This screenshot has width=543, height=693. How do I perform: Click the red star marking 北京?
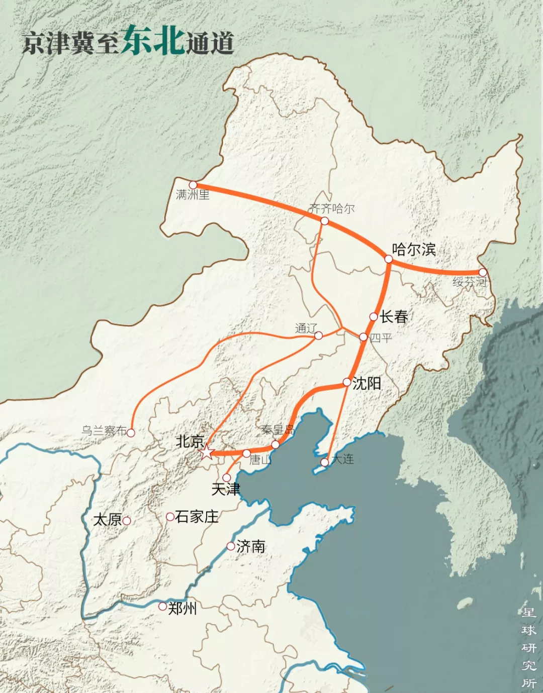[x=206, y=452]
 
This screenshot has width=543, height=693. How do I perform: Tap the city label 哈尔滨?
[x=414, y=249]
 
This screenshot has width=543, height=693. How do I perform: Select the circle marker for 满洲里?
[x=193, y=185]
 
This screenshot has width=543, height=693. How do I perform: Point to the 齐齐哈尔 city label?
[x=332, y=208]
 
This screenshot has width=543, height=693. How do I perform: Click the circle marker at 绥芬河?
[x=483, y=272]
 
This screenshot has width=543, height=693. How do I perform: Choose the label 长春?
[x=394, y=316]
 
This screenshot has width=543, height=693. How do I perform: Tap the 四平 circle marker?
[x=364, y=336]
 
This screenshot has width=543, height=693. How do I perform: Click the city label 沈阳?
[x=367, y=384]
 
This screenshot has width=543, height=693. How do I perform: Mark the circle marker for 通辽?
[x=318, y=335]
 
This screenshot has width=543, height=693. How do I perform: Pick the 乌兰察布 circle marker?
[x=131, y=432]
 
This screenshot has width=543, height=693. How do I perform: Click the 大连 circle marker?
[x=325, y=462]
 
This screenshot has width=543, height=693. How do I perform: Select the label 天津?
[x=226, y=489]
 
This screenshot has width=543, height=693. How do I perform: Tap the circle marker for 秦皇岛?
[x=276, y=444]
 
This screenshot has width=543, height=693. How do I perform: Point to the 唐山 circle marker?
[x=246, y=453]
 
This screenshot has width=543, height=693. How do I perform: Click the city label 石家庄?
[x=197, y=517]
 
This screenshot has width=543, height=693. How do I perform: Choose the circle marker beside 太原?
[x=127, y=521]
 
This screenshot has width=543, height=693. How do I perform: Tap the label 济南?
[x=250, y=546]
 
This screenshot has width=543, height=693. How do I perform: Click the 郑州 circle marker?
[x=162, y=607]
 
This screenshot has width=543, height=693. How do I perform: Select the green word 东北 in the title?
[x=153, y=40]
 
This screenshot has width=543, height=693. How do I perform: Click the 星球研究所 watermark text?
[x=529, y=647]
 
